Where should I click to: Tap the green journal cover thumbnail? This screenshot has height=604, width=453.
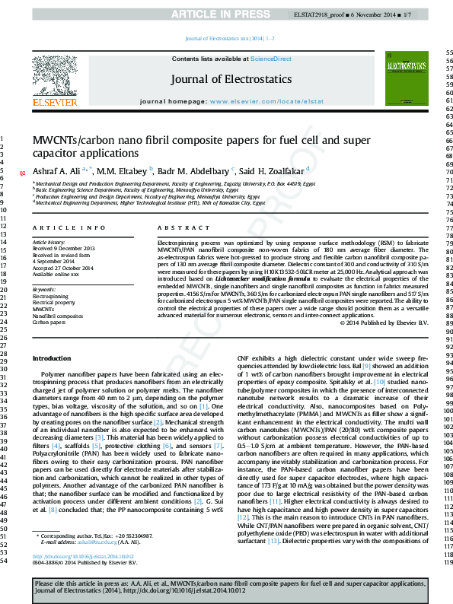pos(403,80)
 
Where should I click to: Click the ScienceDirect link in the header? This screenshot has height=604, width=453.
pos(271,59)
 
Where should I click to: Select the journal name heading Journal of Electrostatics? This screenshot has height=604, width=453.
pos(231,79)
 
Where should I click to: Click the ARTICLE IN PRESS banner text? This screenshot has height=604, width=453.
pos(226,14)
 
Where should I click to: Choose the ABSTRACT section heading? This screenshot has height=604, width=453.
pos(183,228)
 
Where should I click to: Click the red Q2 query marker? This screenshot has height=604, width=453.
pos(22,174)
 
